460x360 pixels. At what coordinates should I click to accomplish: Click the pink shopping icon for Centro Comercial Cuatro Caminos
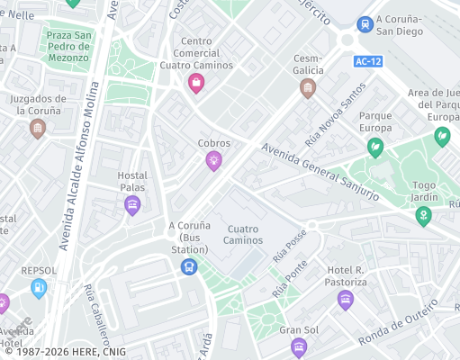[196, 84]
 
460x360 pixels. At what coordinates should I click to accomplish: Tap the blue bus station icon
[189, 266]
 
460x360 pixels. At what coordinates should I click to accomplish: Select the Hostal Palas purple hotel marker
[132, 206]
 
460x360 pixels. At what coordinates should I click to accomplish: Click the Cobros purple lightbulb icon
[213, 161]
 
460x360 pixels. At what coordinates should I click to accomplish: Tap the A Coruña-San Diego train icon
[365, 23]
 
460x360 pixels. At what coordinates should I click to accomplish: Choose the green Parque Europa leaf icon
[375, 148]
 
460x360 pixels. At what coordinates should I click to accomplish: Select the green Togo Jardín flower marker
[423, 216]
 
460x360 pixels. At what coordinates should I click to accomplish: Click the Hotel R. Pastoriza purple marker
[346, 301]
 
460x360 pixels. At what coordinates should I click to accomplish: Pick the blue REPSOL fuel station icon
[39, 287]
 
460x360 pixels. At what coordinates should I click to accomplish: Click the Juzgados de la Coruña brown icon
[38, 129]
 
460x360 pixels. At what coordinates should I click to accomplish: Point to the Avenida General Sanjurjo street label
[320, 172]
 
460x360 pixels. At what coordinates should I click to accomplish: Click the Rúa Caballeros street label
[95, 315]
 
